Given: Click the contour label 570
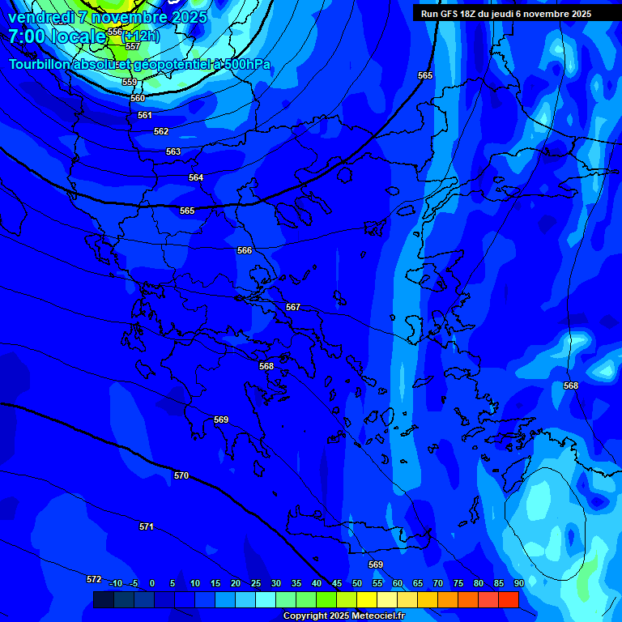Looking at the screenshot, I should click(x=181, y=475).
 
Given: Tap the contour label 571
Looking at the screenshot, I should click(x=147, y=526).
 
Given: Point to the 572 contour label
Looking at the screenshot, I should click(x=94, y=579).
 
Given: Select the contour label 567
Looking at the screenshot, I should click(x=293, y=307).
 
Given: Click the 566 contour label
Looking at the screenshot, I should click(x=245, y=250).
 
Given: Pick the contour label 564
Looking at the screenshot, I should click(x=196, y=177).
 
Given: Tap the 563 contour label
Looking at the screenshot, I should click(x=173, y=151).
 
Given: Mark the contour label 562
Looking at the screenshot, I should click(x=161, y=131).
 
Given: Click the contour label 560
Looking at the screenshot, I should click(x=138, y=98).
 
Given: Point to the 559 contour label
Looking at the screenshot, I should click(x=130, y=82).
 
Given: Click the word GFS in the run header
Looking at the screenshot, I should click(x=449, y=14).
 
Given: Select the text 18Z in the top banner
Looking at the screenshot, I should click(x=469, y=14).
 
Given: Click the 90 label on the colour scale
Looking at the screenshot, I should click(x=518, y=583).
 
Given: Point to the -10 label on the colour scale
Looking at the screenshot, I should click(x=115, y=583).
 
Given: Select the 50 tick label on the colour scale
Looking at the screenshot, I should click(x=357, y=583).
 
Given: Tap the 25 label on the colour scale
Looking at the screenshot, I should click(x=256, y=583).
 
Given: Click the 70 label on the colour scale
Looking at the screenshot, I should click(x=438, y=583).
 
